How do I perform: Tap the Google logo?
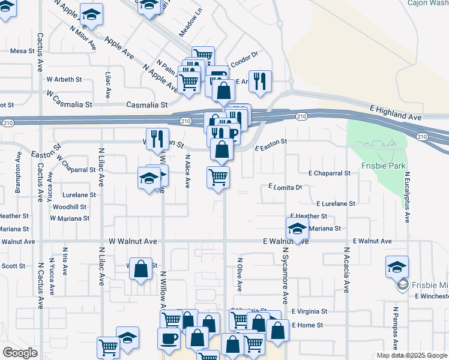20,352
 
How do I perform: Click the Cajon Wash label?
428,3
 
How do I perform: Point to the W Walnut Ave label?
133,241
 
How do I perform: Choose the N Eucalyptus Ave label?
407,198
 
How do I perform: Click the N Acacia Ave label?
347,271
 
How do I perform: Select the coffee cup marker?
169,338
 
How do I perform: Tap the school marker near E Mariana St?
296,229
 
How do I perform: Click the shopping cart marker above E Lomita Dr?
218,177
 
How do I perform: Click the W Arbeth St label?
64,79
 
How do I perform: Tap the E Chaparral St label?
329,173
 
